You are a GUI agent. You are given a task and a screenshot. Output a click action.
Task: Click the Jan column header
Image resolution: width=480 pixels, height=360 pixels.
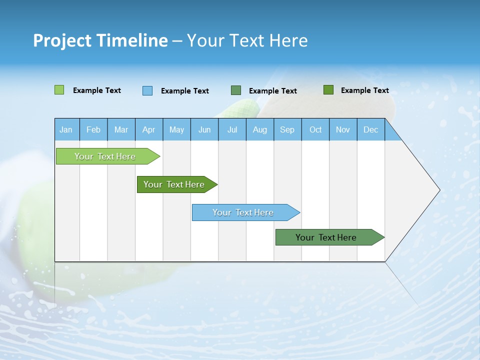66,129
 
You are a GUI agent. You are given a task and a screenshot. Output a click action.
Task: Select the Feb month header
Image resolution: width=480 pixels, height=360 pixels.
93,129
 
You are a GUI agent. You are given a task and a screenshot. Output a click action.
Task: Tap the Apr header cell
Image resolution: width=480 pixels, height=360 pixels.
148,129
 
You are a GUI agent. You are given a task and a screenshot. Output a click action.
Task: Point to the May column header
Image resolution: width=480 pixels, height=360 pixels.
176,129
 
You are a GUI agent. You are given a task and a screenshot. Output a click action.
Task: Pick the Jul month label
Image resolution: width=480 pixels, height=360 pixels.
232,129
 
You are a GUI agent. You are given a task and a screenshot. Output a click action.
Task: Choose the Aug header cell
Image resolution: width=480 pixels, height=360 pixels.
259,129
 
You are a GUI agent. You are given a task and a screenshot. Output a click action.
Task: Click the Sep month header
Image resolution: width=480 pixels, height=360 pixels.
287,129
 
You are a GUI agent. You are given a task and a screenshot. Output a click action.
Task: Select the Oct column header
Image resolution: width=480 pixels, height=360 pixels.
315,129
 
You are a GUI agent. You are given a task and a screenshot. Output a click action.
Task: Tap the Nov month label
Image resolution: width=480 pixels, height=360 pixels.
343,129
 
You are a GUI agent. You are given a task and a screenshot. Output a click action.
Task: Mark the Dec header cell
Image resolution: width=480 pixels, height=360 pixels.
370,129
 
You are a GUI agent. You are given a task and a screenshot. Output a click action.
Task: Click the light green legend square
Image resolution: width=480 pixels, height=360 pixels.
59,90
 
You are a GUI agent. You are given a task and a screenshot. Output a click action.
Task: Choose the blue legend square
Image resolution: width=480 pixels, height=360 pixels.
147,90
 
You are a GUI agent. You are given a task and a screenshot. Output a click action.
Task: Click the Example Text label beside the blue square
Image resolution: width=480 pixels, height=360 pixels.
184,91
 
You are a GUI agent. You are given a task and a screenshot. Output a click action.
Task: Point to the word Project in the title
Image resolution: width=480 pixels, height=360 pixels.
61,40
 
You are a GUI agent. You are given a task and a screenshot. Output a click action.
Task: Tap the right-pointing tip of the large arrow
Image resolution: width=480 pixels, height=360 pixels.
438,190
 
